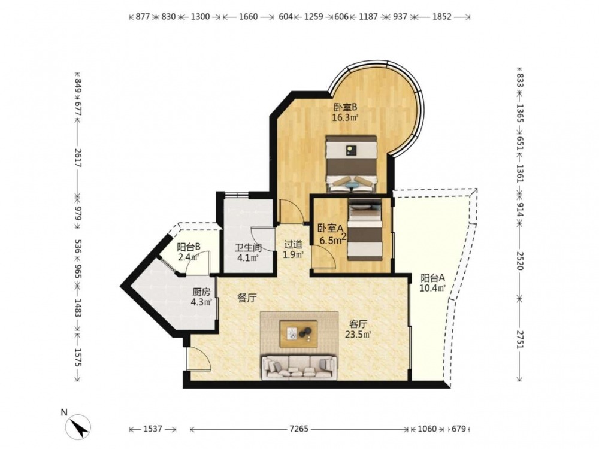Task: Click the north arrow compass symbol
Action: tap(78, 426)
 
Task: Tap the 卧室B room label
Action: tap(345, 107)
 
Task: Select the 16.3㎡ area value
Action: tap(345, 117)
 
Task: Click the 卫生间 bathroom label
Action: tap(249, 247)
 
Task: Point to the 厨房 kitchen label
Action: tap(201, 292)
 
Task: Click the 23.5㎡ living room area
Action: tap(358, 335)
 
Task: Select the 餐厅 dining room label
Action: tap(247, 298)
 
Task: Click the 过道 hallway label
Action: tap(293, 244)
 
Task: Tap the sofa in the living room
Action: tap(299, 368)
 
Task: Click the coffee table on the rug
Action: tap(298, 334)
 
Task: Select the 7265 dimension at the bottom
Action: tap(299, 429)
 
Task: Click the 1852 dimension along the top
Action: tap(442, 16)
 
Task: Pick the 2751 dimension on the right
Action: tap(519, 338)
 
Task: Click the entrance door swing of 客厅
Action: tap(199, 359)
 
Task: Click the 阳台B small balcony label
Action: tap(189, 247)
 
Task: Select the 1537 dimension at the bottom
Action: tap(153, 429)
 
